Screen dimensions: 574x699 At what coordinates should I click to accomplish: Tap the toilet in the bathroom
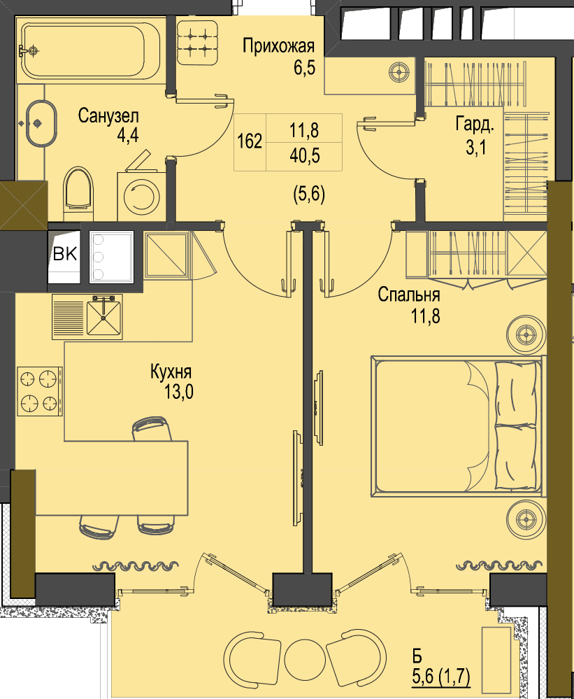[x=78, y=189]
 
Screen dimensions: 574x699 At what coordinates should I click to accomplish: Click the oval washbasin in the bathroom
[x=41, y=123]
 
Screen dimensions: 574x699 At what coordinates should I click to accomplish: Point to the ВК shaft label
[x=64, y=254]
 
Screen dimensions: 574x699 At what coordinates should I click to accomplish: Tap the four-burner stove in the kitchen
[x=40, y=391]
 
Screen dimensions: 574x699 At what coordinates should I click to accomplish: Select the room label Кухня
[x=171, y=372]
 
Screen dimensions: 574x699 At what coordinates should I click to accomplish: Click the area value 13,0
[x=179, y=393]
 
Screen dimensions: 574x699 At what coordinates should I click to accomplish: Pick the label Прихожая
[x=279, y=46]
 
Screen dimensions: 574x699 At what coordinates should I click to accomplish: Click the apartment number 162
[x=250, y=141]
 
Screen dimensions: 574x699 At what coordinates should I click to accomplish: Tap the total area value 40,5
[x=305, y=155]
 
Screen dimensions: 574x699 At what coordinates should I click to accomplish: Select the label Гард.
[x=475, y=125]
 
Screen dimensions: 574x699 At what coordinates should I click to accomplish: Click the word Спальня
[x=409, y=295]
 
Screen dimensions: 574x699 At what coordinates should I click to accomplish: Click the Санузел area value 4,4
[x=128, y=135]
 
